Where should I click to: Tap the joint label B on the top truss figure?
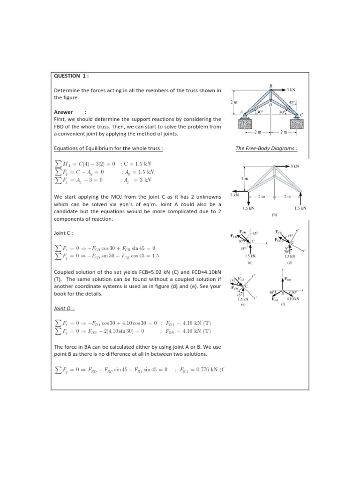click(x=270, y=86)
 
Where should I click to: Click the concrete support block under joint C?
click(x=298, y=124)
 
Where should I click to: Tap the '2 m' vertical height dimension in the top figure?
click(x=234, y=102)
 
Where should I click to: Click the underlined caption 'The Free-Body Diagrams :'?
click(x=267, y=149)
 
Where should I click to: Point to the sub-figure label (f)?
click(x=283, y=303)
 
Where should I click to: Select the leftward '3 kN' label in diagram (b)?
click(x=234, y=194)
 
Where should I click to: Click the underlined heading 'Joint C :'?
click(x=64, y=232)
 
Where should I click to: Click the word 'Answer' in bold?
click(x=63, y=112)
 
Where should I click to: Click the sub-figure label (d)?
click(x=290, y=262)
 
